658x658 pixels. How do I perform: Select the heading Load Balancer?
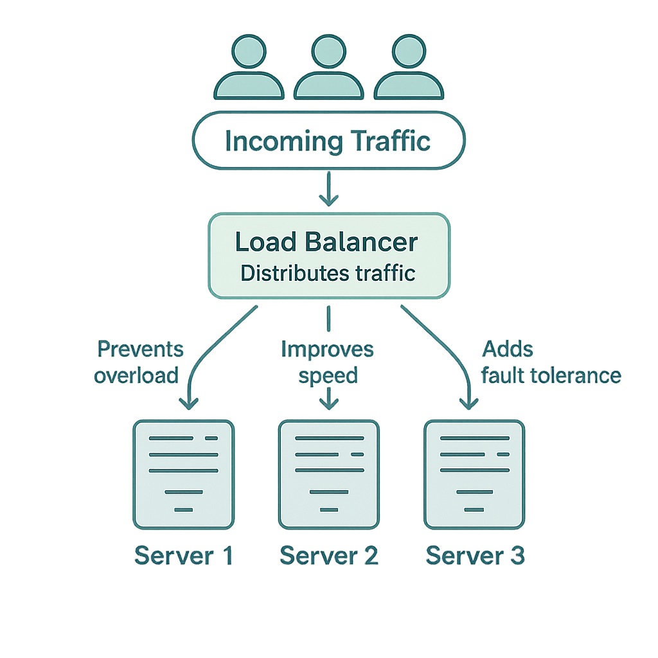click(326, 242)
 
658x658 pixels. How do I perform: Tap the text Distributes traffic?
click(328, 273)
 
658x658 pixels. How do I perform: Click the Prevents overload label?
click(138, 363)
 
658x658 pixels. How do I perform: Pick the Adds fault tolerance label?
click(550, 363)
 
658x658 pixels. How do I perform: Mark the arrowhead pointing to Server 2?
click(329, 405)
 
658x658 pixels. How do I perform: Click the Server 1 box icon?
click(183, 474)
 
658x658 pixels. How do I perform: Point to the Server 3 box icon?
click(474, 474)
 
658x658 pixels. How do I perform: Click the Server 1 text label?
click(183, 556)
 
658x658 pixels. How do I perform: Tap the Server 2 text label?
click(329, 556)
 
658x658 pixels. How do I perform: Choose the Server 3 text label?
click(476, 556)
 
